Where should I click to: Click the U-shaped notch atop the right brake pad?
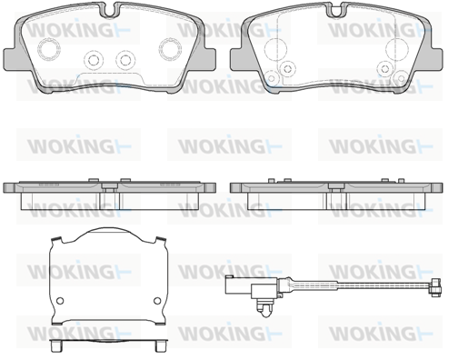pos(335,10)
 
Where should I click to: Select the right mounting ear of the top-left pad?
pos(209,59)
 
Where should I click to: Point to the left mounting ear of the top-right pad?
pos(237,59)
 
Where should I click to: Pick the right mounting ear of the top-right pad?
pos(435,59)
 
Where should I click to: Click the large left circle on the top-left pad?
pos(49,49)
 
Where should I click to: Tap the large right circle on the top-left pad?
pos(170,49)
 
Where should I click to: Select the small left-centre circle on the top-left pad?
pos(94,60)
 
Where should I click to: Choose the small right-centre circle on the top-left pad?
pos(124,60)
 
